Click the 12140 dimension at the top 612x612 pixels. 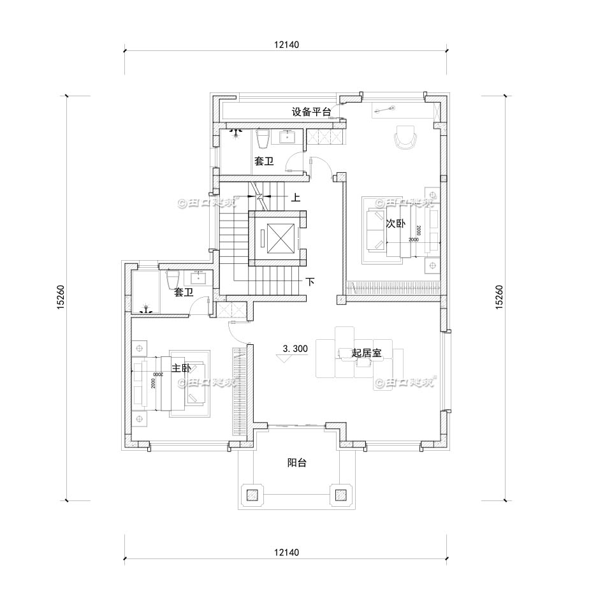click(286, 45)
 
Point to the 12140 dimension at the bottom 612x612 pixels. click(286, 552)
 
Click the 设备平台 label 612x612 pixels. click(311, 112)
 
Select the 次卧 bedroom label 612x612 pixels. click(395, 224)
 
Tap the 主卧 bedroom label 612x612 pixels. click(181, 368)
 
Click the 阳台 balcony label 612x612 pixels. click(296, 463)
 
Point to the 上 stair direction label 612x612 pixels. click(296, 198)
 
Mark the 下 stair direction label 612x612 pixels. click(310, 281)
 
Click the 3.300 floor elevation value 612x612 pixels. click(295, 349)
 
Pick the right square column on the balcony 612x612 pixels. click(340, 494)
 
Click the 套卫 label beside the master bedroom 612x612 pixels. click(184, 293)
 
